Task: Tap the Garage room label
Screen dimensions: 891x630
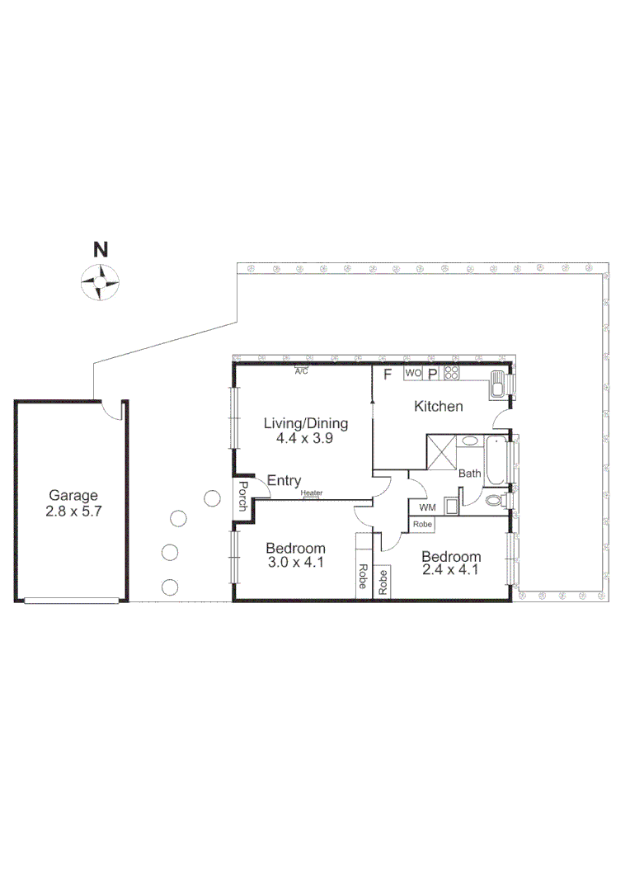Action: tap(73, 496)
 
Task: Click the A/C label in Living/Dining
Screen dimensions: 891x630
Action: tap(302, 371)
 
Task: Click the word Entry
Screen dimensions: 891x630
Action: tap(284, 481)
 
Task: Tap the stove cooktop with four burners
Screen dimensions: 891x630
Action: tap(451, 373)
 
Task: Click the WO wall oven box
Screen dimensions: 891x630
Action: tap(413, 373)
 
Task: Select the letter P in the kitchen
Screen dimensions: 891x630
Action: tap(432, 374)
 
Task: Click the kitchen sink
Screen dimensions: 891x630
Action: tap(497, 385)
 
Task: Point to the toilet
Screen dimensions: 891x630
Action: tap(495, 501)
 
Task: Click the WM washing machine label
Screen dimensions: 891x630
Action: tap(427, 507)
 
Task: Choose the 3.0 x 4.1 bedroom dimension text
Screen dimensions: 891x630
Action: tap(295, 563)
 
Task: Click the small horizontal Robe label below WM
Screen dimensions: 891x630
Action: tap(423, 525)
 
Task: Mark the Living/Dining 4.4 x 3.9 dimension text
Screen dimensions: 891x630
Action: tap(305, 439)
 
